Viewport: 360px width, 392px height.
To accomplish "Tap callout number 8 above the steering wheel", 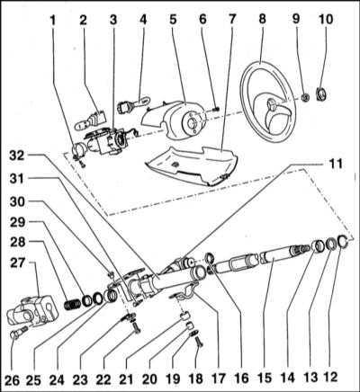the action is [x=262, y=19].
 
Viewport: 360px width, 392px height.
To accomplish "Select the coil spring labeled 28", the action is [x=73, y=305].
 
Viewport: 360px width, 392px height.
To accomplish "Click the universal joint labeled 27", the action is [x=30, y=311].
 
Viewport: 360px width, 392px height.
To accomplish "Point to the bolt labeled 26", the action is [x=19, y=332].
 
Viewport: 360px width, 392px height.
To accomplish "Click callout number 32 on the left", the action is [x=18, y=156].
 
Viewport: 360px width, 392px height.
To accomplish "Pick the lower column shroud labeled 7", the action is [x=192, y=165].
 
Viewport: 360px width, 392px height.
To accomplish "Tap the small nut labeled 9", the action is [x=305, y=97].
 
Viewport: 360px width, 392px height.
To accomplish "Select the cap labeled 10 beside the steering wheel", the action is [x=321, y=94].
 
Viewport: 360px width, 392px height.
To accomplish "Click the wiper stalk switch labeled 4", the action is [x=132, y=103].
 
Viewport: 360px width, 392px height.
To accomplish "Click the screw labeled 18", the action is [x=199, y=342].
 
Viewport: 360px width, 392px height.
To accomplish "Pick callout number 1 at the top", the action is [x=53, y=20].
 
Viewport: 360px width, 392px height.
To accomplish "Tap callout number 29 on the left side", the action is [x=17, y=222].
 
